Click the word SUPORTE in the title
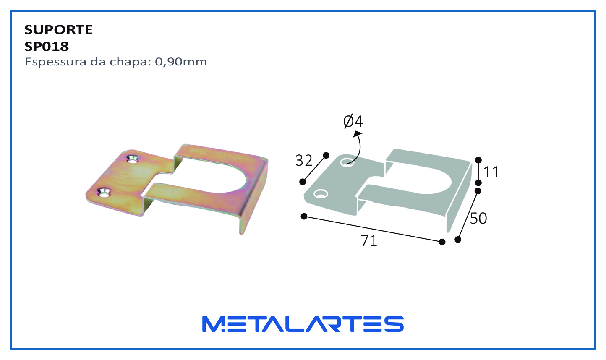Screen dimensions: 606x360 click(58, 30)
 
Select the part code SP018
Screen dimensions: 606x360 click(47, 47)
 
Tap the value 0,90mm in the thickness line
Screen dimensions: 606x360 click(181, 62)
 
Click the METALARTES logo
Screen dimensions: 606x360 click(303, 324)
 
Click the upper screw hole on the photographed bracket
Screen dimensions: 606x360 click(132, 159)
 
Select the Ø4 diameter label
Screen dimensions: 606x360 click(353, 121)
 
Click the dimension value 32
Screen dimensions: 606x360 click(304, 161)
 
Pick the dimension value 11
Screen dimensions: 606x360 click(491, 172)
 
